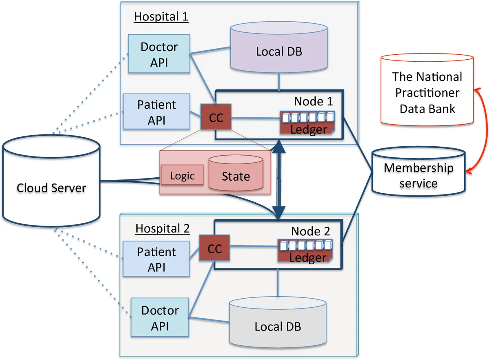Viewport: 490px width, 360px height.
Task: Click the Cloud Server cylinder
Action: point(51,188)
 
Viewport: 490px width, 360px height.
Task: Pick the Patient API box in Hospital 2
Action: point(156,259)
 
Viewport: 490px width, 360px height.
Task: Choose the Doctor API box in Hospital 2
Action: point(160,318)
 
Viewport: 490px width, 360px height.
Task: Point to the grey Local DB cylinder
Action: point(278,326)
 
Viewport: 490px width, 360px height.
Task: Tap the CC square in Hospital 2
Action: point(214,249)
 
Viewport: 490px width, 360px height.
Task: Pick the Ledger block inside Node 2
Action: point(307,252)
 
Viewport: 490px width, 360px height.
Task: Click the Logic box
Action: point(182,176)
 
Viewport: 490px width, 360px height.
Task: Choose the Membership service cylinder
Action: point(418,174)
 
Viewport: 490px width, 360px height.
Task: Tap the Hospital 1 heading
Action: point(161,17)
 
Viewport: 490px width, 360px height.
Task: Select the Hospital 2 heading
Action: point(163,228)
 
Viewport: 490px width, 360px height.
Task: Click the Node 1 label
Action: point(313,101)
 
